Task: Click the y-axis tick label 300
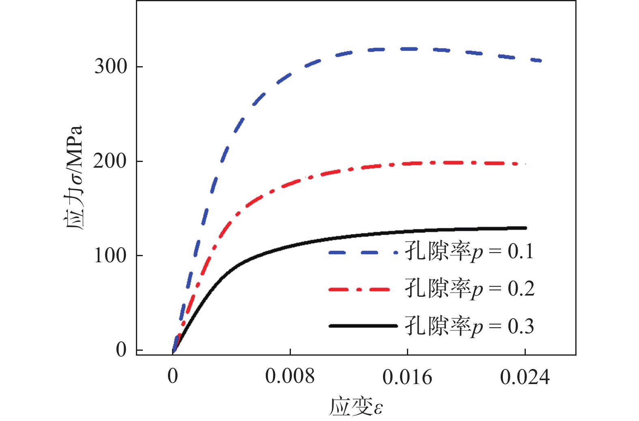pos(111,67)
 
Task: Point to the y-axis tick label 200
pos(110,161)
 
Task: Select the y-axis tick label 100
pos(110,256)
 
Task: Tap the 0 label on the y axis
pos(121,350)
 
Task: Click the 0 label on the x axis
pos(173,377)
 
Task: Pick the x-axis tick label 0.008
pos(290,377)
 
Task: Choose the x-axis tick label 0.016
pos(407,377)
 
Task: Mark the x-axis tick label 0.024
pos(525,377)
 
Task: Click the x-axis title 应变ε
pos(356,406)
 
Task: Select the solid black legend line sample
pos(363,326)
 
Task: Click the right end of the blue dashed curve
pos(540,61)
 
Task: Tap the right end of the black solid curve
pos(526,228)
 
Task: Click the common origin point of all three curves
pos(173,350)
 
